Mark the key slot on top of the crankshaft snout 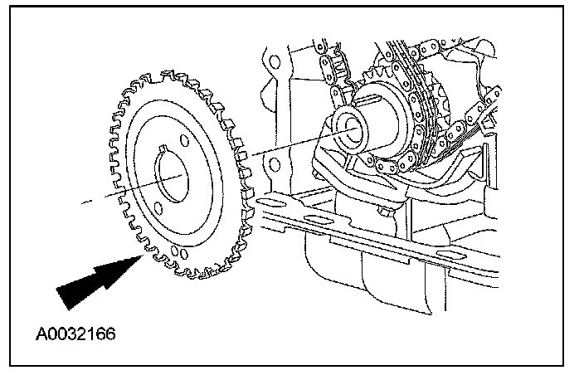point(370,102)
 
